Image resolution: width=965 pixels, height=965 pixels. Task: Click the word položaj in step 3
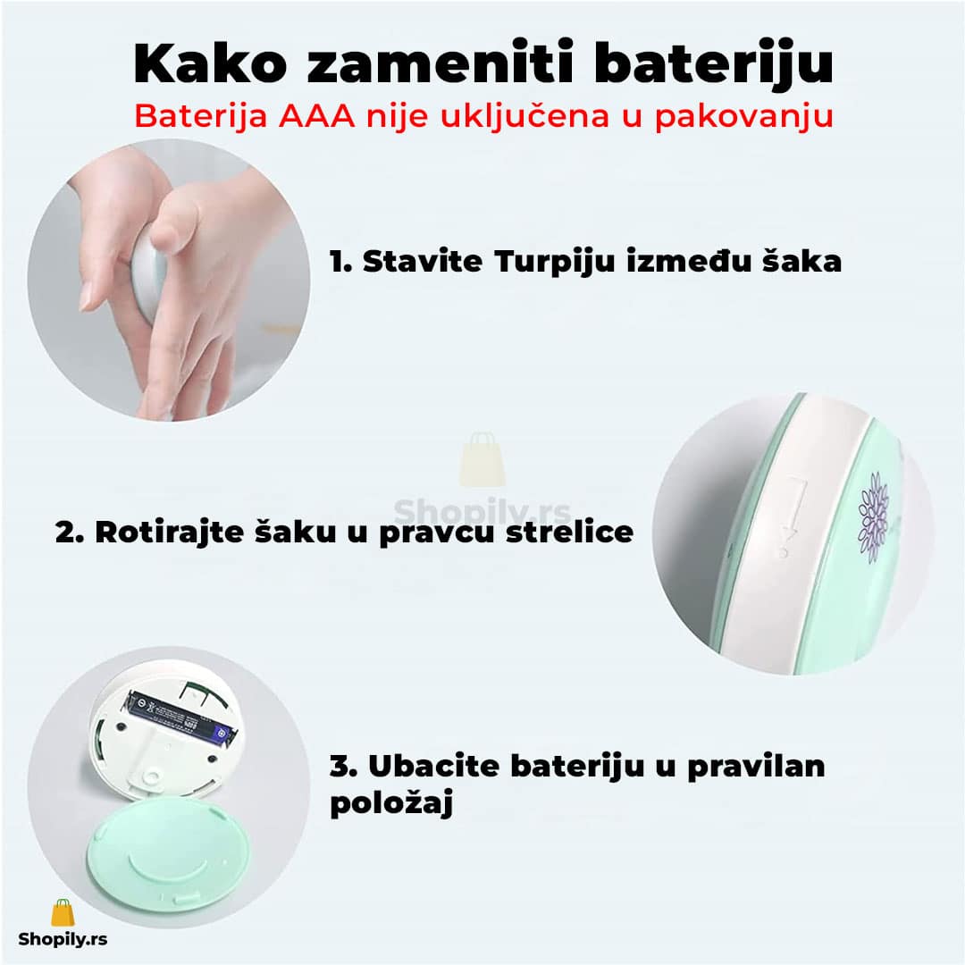[391, 802]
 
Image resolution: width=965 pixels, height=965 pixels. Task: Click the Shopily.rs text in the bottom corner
[63, 938]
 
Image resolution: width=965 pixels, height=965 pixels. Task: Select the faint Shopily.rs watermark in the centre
[482, 511]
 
